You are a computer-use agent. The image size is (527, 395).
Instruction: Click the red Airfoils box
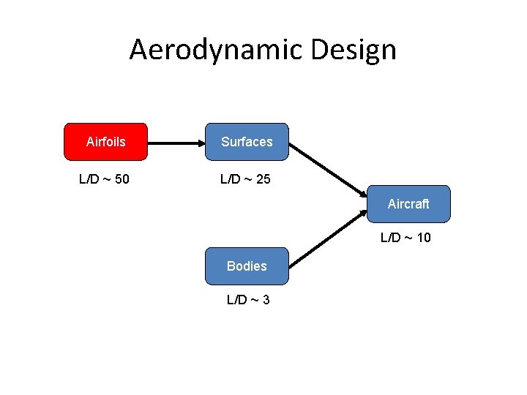point(105,141)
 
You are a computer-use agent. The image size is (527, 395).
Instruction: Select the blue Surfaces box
point(247,141)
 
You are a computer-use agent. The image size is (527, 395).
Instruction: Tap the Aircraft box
point(408,204)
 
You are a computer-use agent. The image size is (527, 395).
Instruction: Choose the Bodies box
point(247,266)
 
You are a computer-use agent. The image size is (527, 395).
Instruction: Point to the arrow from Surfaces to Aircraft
point(328,169)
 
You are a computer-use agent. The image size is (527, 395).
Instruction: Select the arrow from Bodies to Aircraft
point(328,238)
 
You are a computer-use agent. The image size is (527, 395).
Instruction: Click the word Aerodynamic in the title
point(216,50)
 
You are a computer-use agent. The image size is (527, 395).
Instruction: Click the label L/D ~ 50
point(105,178)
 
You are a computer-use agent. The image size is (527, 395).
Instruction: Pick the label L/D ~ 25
point(246,178)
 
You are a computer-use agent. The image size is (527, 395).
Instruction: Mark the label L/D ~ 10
point(405,237)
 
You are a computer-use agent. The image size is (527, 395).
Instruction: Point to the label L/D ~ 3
point(248,299)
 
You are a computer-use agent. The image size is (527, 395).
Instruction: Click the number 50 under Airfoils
point(122,178)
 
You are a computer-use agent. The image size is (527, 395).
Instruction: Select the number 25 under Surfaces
point(263,178)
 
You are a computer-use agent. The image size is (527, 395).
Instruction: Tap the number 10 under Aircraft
point(423,237)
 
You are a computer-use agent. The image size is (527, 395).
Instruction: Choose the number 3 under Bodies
point(266,299)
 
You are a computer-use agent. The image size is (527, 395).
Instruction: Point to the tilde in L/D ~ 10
point(407,237)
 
